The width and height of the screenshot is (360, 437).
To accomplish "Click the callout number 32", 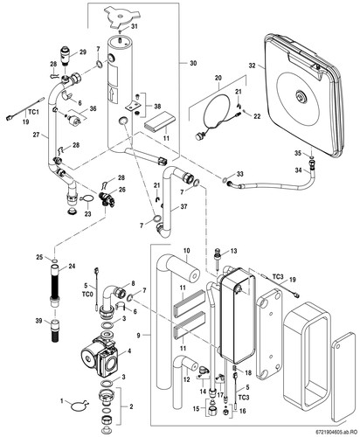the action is coord(252,66).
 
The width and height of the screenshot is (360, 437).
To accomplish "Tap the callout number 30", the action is coord(193,63).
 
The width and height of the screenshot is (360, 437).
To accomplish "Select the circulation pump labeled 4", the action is coord(100,354).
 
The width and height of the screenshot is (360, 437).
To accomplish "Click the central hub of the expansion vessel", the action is coord(300,95).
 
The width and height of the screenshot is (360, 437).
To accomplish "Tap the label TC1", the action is coord(33,112).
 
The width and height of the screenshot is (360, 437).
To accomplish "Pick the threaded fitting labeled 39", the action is coord(56,331).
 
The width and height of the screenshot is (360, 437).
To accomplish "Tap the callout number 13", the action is coord(233,251).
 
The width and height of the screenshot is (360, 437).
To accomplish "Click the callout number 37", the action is coord(183,206).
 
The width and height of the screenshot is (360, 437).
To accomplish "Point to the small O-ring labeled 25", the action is coord(54,260).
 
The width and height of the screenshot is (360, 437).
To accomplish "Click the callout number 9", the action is coord(138,336).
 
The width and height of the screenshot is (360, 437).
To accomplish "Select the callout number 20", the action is coord(218,78).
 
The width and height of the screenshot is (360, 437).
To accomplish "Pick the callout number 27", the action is coord(36,135).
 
